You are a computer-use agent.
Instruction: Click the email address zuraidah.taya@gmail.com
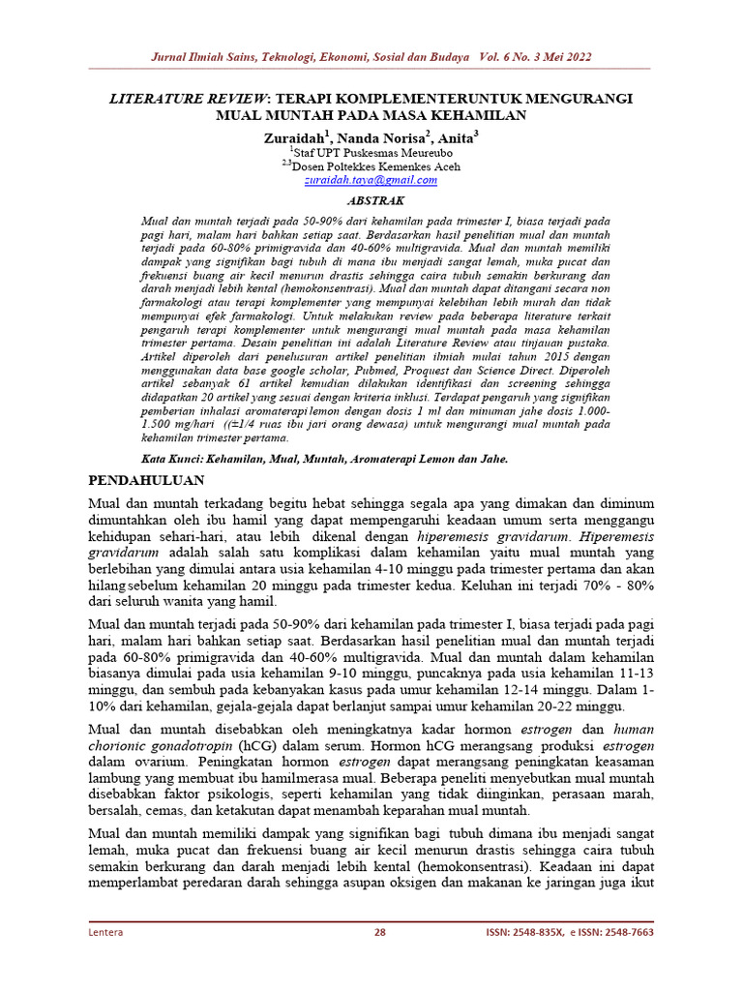tap(371, 180)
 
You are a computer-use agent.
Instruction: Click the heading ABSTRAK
tap(371, 199)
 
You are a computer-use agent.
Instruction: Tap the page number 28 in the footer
tap(380, 932)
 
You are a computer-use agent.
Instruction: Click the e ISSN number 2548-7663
tap(623, 932)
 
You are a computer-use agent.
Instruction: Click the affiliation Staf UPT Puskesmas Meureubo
tap(372, 153)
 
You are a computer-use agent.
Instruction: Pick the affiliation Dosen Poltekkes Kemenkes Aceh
tap(373, 166)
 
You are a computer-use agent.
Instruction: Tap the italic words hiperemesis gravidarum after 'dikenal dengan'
tap(485, 535)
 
